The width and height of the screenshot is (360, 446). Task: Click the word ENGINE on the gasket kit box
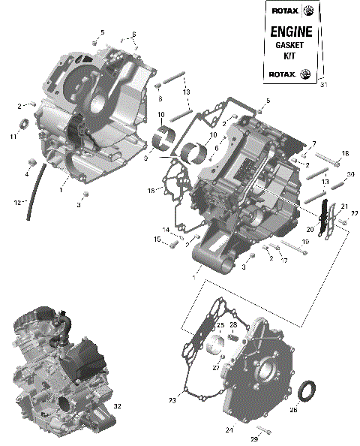pyautogui.click(x=289, y=32)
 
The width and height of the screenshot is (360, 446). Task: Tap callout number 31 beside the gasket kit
pyautogui.click(x=324, y=85)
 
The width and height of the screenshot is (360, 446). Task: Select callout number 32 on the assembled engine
pyautogui.click(x=116, y=406)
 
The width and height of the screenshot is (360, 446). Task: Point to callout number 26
pyautogui.click(x=293, y=410)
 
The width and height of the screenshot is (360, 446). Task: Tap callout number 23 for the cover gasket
pyautogui.click(x=172, y=400)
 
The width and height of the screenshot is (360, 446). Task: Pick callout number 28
pyautogui.click(x=233, y=325)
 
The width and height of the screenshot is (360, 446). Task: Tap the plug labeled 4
pyautogui.click(x=31, y=162)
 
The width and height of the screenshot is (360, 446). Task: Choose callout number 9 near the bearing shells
pyautogui.click(x=146, y=158)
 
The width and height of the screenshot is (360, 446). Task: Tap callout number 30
pyautogui.click(x=329, y=174)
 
